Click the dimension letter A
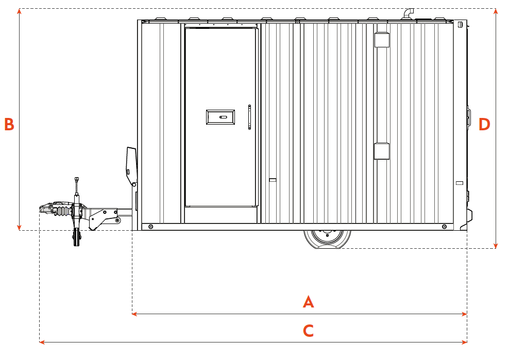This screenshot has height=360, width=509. tap(308, 302)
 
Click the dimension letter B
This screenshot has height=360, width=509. tap(9, 124)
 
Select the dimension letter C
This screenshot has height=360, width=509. tap(308, 331)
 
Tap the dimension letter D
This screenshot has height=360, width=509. tap(484, 124)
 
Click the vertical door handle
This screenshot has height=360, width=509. tap(249, 117)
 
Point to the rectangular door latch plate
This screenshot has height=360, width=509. tap(220, 117)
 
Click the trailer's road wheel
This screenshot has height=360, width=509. tap(327, 239)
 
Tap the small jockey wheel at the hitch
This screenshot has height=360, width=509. tap(76, 237)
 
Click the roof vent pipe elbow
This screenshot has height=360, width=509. tap(409, 13)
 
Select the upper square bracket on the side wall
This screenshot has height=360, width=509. tap(382, 40)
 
